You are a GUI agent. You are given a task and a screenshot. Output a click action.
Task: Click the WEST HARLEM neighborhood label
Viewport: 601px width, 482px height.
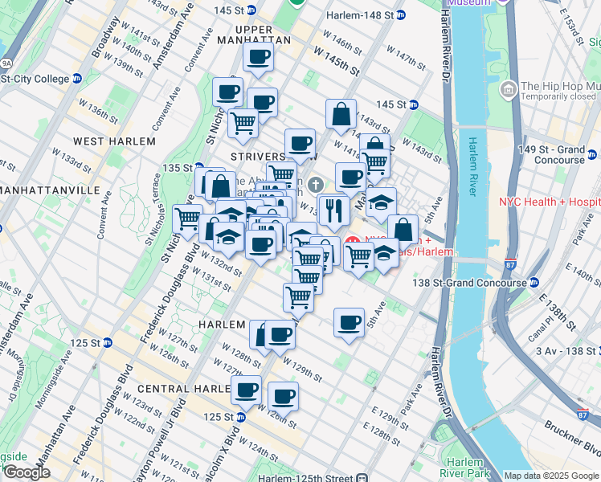tap(113, 141)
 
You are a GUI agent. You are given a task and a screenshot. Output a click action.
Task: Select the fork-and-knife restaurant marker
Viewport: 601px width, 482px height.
tap(333, 210)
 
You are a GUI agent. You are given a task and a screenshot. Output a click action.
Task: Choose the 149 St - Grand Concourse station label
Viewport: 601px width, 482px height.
tap(551, 154)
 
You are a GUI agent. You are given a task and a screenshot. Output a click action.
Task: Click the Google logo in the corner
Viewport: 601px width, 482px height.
tap(26, 472)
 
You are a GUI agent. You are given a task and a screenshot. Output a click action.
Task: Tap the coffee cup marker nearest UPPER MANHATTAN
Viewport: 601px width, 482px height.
tap(258, 56)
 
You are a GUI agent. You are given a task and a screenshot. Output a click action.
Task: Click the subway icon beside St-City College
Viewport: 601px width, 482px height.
tap(77, 79)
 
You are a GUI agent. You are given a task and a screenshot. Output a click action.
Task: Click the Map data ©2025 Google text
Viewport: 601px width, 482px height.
tap(550, 476)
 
